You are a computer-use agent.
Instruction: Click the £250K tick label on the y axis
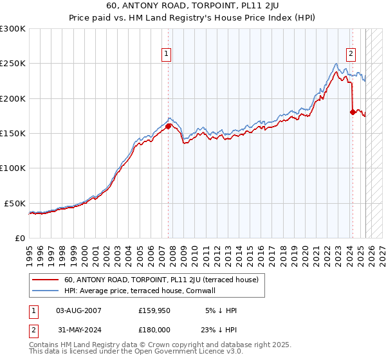13,64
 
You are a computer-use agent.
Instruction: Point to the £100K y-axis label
13,168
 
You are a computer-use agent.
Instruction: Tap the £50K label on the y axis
15,203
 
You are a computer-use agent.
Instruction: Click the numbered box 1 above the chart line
167,54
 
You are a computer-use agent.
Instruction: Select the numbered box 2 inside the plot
351,54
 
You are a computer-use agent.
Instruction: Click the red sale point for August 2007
168,127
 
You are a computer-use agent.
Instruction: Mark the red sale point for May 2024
353,113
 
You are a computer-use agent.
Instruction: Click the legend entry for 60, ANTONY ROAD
161,280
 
